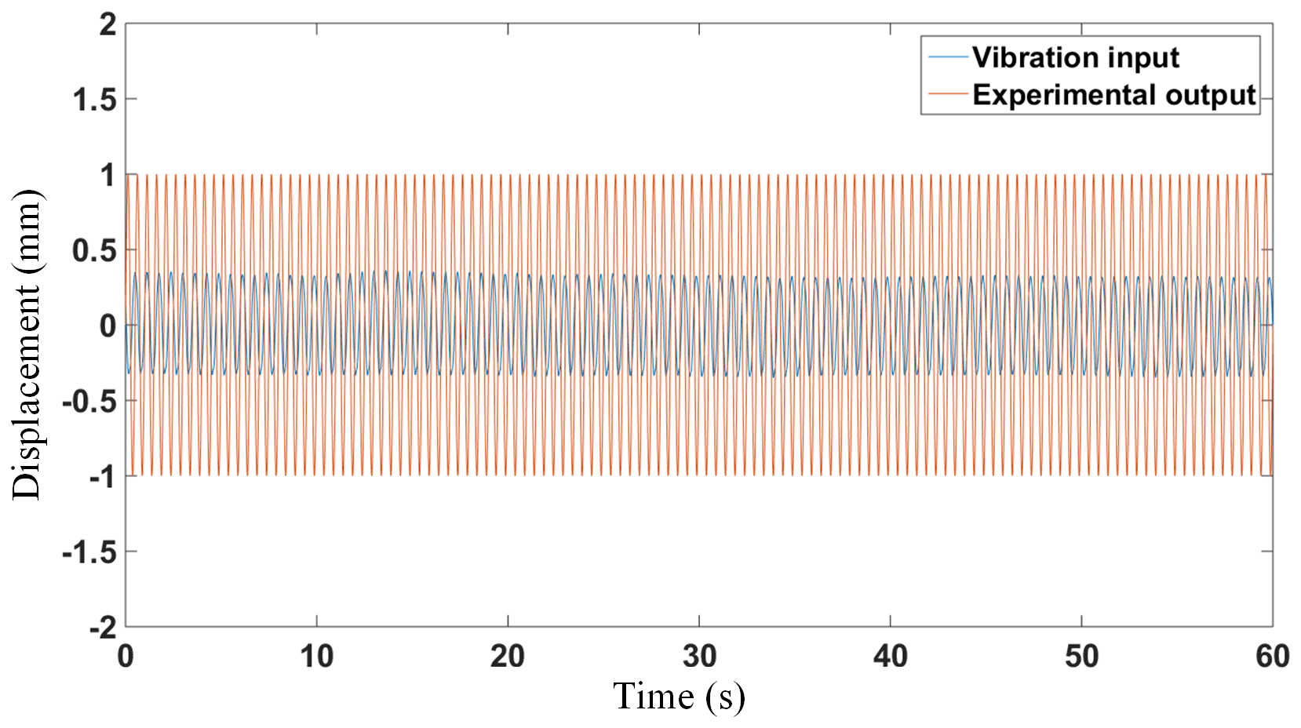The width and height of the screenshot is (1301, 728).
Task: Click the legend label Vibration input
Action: point(1075,57)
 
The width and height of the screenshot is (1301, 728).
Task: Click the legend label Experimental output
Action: point(1114,95)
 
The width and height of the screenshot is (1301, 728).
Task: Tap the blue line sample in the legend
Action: point(948,56)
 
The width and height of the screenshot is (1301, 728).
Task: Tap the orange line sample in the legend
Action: point(948,94)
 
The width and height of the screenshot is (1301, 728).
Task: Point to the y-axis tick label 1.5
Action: point(94,100)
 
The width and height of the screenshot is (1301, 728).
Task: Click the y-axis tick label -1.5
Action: point(89,553)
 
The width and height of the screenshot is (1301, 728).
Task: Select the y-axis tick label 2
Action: point(108,25)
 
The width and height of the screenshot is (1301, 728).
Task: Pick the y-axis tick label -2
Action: point(102,628)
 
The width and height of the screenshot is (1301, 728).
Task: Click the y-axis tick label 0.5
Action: point(94,252)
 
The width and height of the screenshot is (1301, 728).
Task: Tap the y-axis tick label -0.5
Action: point(89,402)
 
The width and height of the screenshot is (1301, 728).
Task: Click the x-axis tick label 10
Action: point(316,657)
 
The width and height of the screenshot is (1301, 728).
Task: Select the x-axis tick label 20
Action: point(508,657)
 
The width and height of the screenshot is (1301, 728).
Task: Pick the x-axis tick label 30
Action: point(699,657)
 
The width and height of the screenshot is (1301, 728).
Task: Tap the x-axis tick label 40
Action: point(891,657)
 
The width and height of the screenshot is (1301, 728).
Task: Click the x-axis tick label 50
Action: point(1082,657)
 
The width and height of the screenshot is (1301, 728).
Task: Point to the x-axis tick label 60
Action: point(1272,657)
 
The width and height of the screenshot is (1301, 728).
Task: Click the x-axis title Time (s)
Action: point(679,697)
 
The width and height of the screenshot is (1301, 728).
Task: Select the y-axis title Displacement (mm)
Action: point(27,344)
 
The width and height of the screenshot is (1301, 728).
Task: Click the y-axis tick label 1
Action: point(108,177)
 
